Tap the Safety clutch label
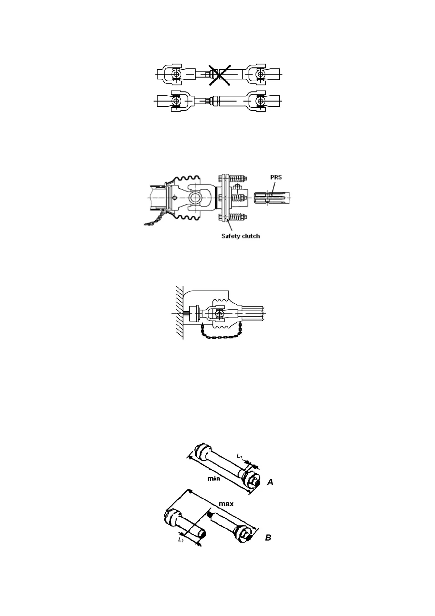coord(241,236)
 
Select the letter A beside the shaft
coord(270,482)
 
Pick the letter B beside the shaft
coord(268,538)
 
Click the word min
coord(214,478)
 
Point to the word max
coord(226,504)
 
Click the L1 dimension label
coord(239,456)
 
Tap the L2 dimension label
coord(181,540)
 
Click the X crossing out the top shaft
coord(220,75)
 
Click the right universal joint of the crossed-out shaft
coord(260,74)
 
